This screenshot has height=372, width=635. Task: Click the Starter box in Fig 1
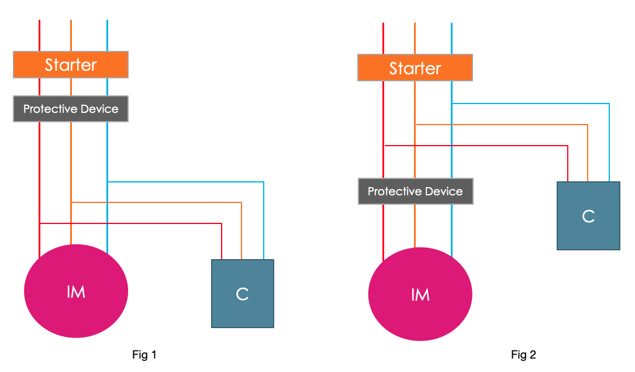[x=70, y=64]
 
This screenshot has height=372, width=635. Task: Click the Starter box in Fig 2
[x=415, y=68]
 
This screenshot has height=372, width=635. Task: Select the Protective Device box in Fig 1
[x=70, y=109]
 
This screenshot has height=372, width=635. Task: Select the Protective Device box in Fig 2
[x=415, y=191]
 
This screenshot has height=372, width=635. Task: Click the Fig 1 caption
[x=145, y=354]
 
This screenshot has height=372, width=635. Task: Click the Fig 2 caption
[x=523, y=354]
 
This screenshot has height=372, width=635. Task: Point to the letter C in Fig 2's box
[x=588, y=216]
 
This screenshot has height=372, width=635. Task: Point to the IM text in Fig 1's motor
[x=76, y=291]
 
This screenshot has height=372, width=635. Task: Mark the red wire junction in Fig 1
[x=39, y=223]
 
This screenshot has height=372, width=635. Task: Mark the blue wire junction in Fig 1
[x=108, y=182]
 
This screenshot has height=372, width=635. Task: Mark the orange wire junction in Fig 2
[x=415, y=124]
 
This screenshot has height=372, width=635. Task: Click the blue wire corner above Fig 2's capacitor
[x=609, y=104]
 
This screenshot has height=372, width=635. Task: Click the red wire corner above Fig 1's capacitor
[x=222, y=223]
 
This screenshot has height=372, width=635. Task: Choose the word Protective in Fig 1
[x=50, y=109]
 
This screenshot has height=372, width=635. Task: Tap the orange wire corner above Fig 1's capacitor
[x=241, y=202]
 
